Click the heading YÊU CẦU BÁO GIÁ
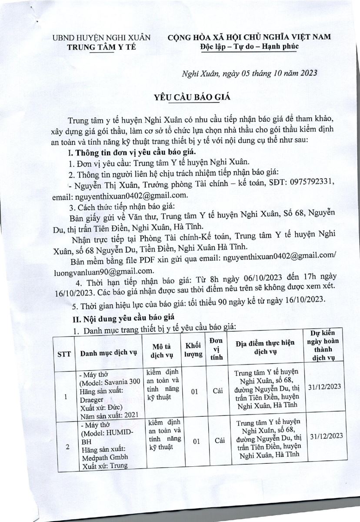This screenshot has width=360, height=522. click(x=186, y=98)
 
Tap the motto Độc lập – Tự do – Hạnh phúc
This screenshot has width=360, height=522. click(x=250, y=47)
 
